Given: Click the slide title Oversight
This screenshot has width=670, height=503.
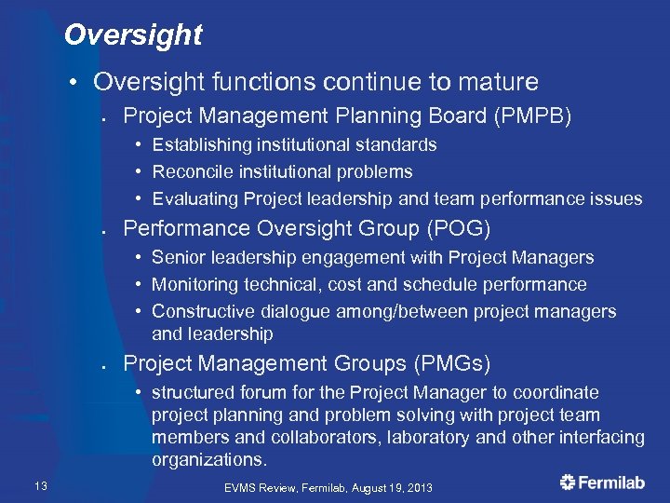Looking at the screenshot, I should click(133, 35).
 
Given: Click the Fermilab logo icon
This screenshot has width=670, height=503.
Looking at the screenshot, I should click(568, 482).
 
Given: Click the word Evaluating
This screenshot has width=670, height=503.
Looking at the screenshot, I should click(195, 198).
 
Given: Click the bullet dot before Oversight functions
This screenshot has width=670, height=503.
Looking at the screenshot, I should click(73, 83).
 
